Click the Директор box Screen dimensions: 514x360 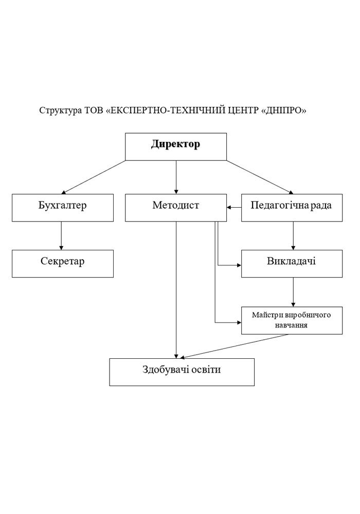pyautogui.click(x=176, y=146)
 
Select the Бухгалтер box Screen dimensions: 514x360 pyautogui.click(x=62, y=207)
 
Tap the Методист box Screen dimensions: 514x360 pyautogui.click(x=175, y=207)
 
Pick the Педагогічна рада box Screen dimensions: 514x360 pyautogui.click(x=292, y=207)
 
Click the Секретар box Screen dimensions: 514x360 pyautogui.click(x=62, y=263)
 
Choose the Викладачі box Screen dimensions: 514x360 pyautogui.click(x=292, y=263)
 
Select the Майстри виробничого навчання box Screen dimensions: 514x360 pyautogui.click(x=292, y=320)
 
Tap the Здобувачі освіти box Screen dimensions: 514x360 pyautogui.click(x=182, y=372)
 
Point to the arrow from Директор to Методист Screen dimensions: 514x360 pyautogui.click(x=176, y=177)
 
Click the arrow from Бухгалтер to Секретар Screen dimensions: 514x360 pyautogui.click(x=61, y=235)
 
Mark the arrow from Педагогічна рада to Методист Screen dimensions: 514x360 pyautogui.click(x=234, y=207)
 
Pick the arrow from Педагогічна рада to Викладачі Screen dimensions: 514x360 pyautogui.click(x=293, y=235)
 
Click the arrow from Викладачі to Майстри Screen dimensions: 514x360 pyautogui.click(x=293, y=291)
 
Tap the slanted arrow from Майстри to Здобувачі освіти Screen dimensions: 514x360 pyautogui.click(x=234, y=346)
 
